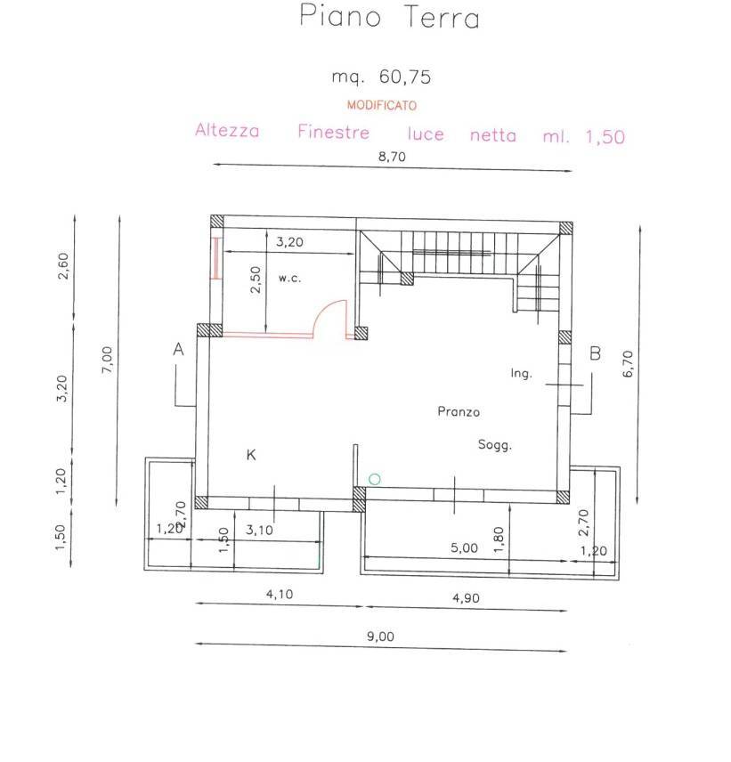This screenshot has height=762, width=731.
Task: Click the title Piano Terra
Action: coord(389,18)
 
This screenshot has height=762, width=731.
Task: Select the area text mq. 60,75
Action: coord(381,77)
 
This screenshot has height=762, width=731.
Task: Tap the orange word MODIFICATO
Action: coord(381,105)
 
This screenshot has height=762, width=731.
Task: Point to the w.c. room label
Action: coord(289,279)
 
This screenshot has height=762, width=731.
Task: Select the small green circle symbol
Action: coord(374,479)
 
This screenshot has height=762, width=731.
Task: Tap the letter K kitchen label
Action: coord(251,455)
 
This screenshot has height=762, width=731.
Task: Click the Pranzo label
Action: coord(459,411)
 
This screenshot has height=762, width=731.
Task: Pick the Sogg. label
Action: coord(494,446)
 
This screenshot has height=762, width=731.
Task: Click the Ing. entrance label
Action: coord(521,374)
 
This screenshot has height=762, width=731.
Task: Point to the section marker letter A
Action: coord(178,351)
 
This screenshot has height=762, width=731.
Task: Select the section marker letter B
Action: coord(596,353)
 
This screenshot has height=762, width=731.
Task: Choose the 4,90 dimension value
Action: coord(464,598)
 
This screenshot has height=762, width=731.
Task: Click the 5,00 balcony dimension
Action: coord(463,548)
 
